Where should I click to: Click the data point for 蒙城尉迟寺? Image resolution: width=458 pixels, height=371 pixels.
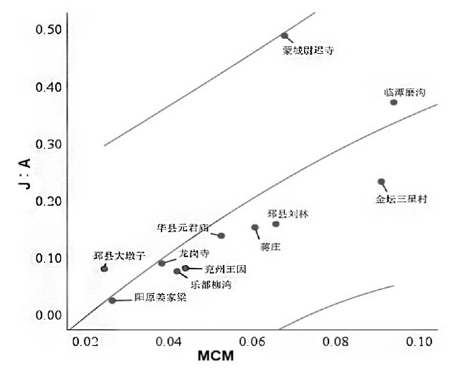point(284,36)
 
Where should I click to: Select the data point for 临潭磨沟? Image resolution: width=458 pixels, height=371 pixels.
point(394,102)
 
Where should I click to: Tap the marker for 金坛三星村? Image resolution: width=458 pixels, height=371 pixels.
point(381,182)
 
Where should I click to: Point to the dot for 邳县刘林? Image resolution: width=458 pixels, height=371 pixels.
point(276,224)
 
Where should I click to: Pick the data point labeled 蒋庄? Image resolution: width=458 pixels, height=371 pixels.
point(255,227)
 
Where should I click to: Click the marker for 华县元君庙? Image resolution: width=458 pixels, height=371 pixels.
point(222,236)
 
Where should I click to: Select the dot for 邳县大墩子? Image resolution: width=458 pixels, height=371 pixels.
point(104,269)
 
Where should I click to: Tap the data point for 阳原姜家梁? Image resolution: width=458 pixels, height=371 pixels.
point(112,300)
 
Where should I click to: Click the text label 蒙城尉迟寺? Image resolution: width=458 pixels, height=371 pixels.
point(308,49)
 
